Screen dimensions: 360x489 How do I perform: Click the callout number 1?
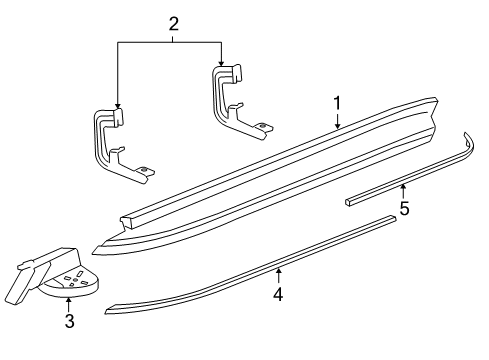pos(337,102)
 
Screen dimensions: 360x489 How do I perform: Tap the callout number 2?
pos(173,24)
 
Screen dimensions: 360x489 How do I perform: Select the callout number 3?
pos(69,321)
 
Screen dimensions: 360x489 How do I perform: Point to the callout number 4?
pos(278,295)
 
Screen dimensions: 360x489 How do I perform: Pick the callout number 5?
pos(404,208)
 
